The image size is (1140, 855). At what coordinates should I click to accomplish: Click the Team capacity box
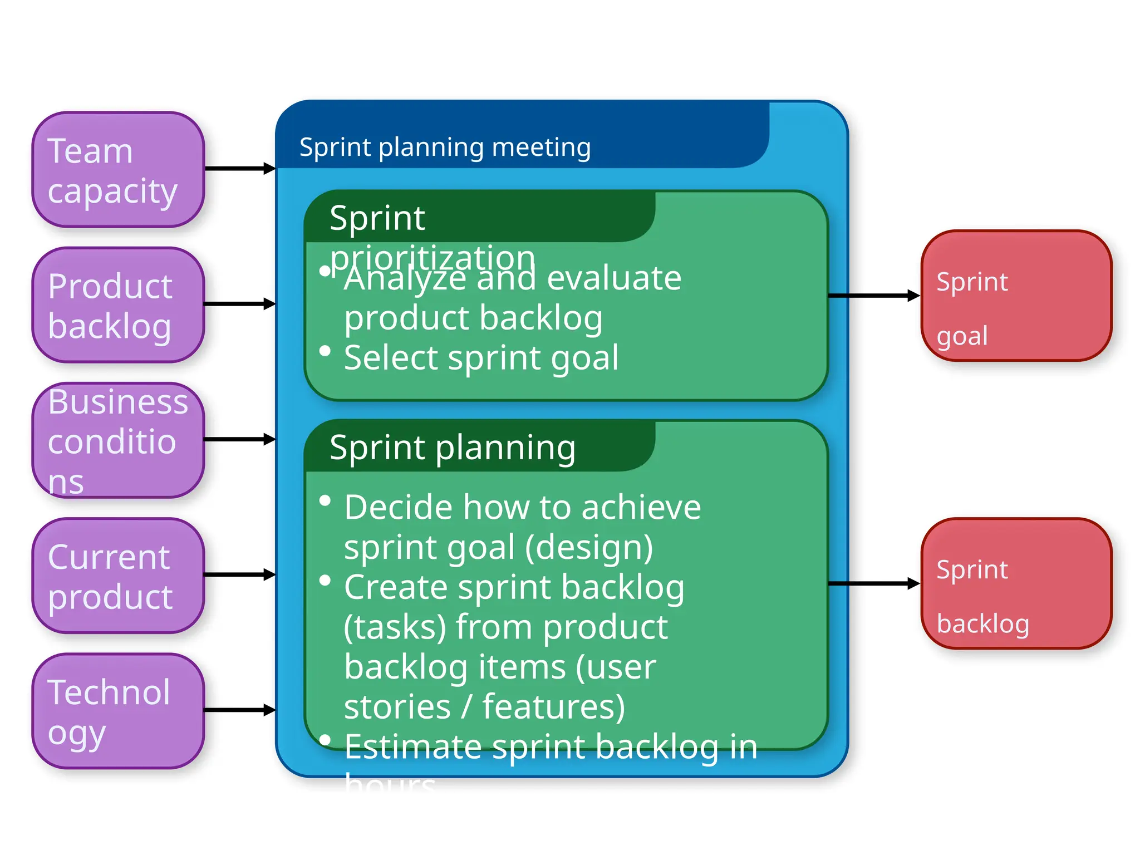coord(118,170)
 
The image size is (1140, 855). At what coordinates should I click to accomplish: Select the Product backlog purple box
coord(118,305)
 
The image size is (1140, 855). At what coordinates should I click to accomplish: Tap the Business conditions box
coord(118,440)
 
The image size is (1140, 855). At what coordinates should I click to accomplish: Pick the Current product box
coord(118,576)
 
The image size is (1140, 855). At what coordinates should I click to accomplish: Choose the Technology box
coord(118,711)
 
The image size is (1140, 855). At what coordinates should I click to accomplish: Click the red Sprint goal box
coord(1016,296)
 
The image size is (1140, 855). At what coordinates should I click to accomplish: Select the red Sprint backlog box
coord(1016,583)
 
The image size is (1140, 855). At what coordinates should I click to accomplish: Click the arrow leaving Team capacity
coord(239,168)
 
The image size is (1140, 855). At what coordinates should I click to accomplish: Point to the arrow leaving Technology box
coord(239,710)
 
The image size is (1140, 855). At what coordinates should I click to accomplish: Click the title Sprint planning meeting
coord(445,148)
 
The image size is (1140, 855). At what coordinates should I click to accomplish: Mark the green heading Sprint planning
coord(452,448)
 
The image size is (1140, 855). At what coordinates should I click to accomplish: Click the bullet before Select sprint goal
coord(325,351)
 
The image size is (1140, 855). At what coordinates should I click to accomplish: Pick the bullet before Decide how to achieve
coord(325,501)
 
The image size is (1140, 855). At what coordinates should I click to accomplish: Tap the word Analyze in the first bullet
coord(405,278)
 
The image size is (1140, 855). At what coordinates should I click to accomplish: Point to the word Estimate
coord(412,746)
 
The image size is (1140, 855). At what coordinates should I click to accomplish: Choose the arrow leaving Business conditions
coord(239,439)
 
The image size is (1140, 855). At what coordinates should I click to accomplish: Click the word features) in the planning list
coord(553,707)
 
